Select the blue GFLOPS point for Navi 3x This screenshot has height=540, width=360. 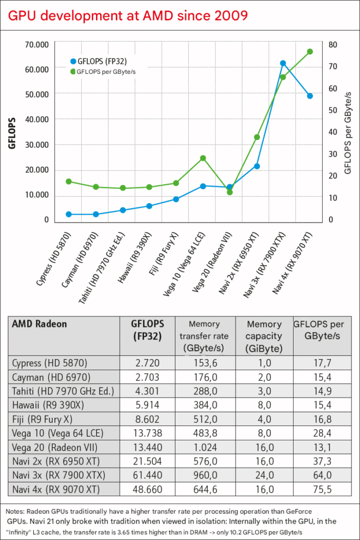click(x=283, y=63)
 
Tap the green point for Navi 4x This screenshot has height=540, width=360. click(x=310, y=52)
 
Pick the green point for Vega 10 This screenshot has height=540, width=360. click(x=203, y=158)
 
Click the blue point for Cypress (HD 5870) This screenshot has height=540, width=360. click(x=69, y=214)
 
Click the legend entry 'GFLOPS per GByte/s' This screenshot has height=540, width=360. click(x=103, y=70)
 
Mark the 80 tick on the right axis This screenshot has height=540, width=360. click(x=332, y=44)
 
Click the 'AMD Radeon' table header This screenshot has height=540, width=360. click(x=40, y=324)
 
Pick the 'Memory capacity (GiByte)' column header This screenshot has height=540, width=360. click(x=264, y=336)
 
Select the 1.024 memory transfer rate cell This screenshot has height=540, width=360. click(x=205, y=448)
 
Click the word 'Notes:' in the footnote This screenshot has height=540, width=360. click(x=16, y=512)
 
